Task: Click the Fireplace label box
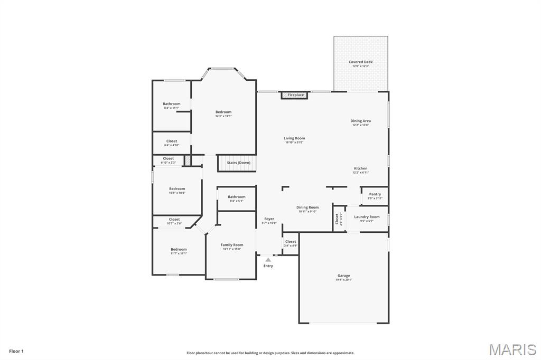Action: pos(294,95)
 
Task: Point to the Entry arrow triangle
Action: pos(268,260)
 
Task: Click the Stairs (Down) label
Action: pos(238,163)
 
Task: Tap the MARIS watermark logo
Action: pos(512,349)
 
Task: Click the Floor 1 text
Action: pos(16,351)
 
